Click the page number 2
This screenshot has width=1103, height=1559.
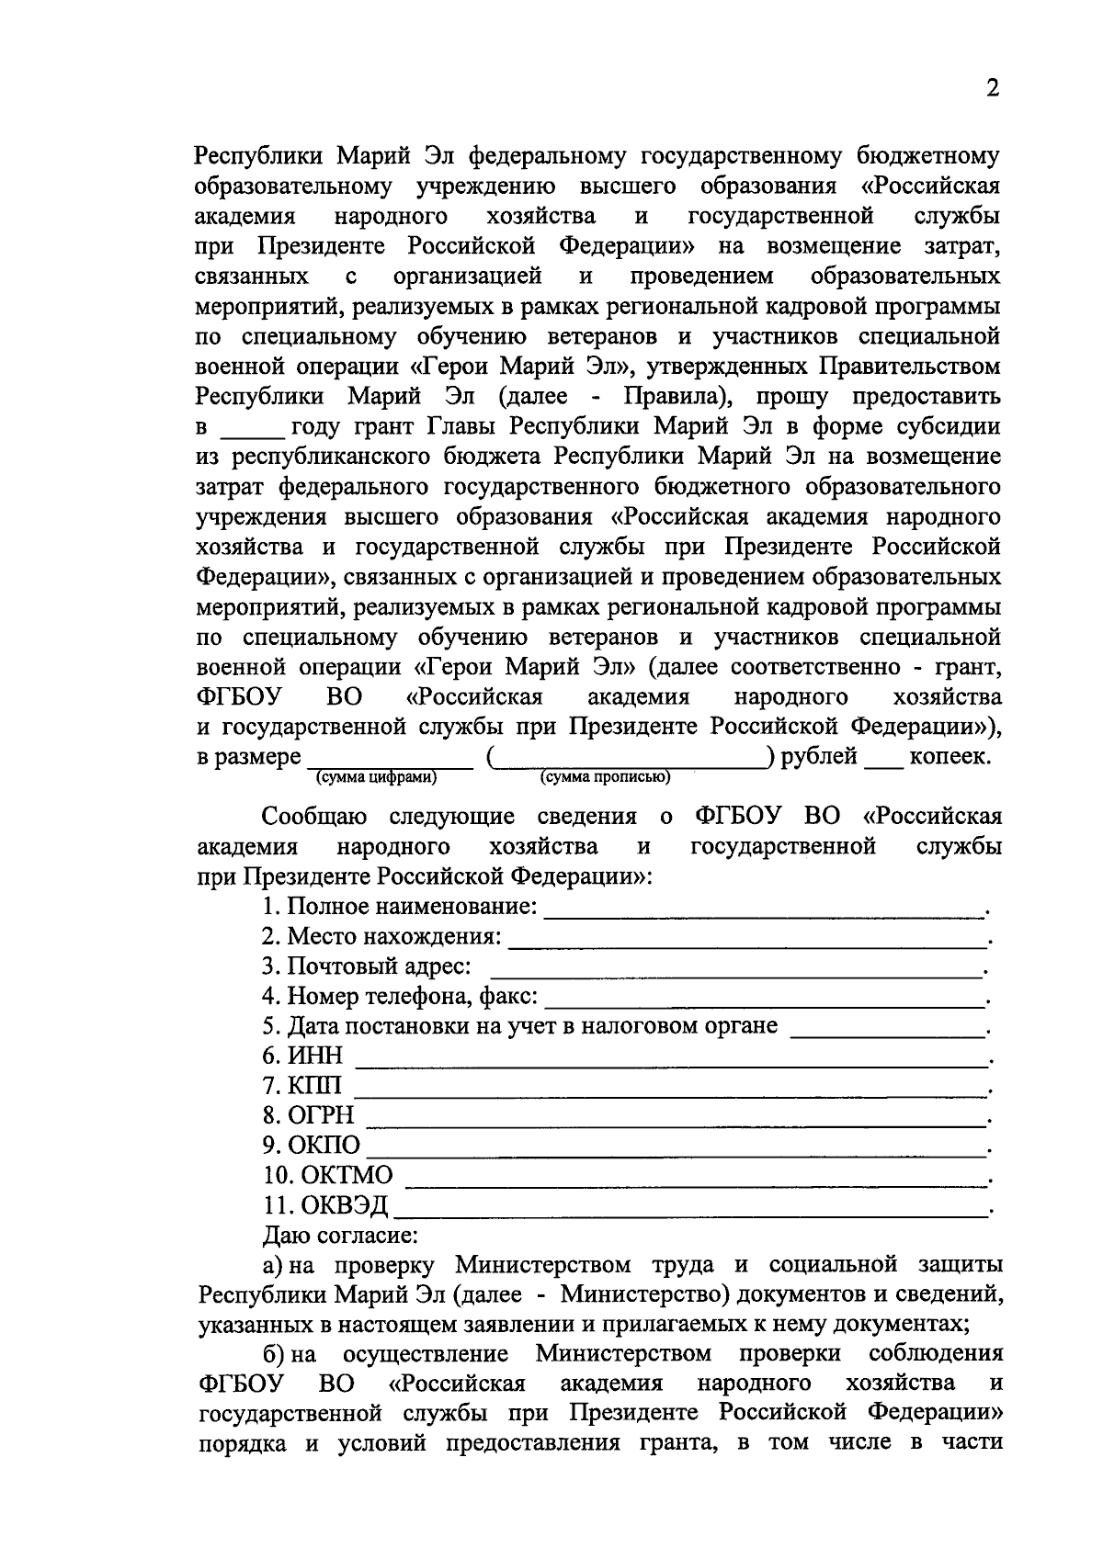coord(991,88)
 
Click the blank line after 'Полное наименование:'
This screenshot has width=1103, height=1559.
coord(763,912)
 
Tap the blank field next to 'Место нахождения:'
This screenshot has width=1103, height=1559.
coord(745,943)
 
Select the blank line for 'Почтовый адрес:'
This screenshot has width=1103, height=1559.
coord(735,973)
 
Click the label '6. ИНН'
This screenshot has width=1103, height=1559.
coord(302,1056)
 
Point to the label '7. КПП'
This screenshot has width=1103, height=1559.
coord(302,1087)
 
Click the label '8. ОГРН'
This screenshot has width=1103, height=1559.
coord(308,1116)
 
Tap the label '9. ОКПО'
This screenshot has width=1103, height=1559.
coord(312,1147)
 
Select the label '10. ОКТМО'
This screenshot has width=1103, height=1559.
coord(327,1176)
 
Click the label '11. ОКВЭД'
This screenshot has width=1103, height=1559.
coord(325,1206)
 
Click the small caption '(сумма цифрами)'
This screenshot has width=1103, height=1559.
coord(376,778)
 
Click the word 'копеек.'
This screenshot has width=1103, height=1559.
coord(949,757)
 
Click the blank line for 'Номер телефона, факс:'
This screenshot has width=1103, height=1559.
coord(763,1002)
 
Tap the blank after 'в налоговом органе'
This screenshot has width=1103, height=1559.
coord(887,1033)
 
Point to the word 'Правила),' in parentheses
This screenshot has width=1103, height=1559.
coord(678,397)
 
